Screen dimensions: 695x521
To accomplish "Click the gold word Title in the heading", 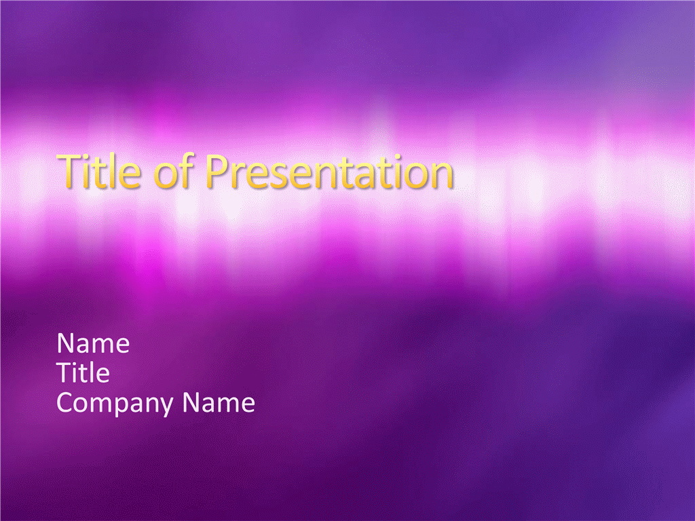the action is point(99,171).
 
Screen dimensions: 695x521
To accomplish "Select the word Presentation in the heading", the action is point(329,172).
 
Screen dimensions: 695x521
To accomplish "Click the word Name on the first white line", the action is point(93,343).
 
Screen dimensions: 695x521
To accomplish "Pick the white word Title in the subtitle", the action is point(83,372).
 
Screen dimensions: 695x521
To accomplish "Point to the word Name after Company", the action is point(219,402).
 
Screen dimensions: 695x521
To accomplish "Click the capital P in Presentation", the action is point(217,171).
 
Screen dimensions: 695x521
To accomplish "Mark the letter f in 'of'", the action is point(187,170).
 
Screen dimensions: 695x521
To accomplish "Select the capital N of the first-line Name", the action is point(66,343).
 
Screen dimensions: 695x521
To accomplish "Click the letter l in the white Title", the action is point(92,372).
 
